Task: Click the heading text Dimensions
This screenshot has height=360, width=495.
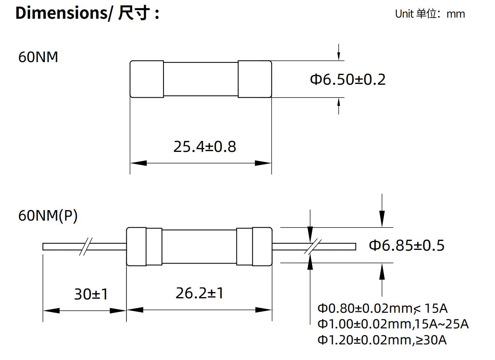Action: point(61,13)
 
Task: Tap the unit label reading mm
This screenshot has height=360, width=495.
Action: point(456,14)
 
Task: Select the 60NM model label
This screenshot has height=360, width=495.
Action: point(38,57)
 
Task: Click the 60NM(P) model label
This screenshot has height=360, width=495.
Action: point(48,216)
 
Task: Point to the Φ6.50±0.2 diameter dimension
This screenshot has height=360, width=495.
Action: point(348,79)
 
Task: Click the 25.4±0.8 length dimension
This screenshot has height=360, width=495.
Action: point(205,146)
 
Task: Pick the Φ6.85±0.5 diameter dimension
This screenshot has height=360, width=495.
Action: point(406,245)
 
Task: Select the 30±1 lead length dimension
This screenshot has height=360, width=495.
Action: point(91,294)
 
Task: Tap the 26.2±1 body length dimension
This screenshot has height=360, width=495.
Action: point(200,293)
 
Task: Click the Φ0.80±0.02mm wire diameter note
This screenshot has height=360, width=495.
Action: point(366,308)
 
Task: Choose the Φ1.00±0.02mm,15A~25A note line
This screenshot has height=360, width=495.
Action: point(393,324)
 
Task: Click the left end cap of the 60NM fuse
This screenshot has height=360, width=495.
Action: point(147,79)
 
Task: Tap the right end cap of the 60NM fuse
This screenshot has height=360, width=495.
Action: point(255,79)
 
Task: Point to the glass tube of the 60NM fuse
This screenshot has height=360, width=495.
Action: point(201,79)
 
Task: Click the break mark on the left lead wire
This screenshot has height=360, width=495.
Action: point(86,246)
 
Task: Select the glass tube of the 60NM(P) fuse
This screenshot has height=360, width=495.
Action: point(199,246)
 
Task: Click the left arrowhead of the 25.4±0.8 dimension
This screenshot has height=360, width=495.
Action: point(138,163)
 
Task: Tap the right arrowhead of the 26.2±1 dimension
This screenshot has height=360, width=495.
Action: point(264,310)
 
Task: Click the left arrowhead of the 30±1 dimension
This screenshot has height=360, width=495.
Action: point(51,311)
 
